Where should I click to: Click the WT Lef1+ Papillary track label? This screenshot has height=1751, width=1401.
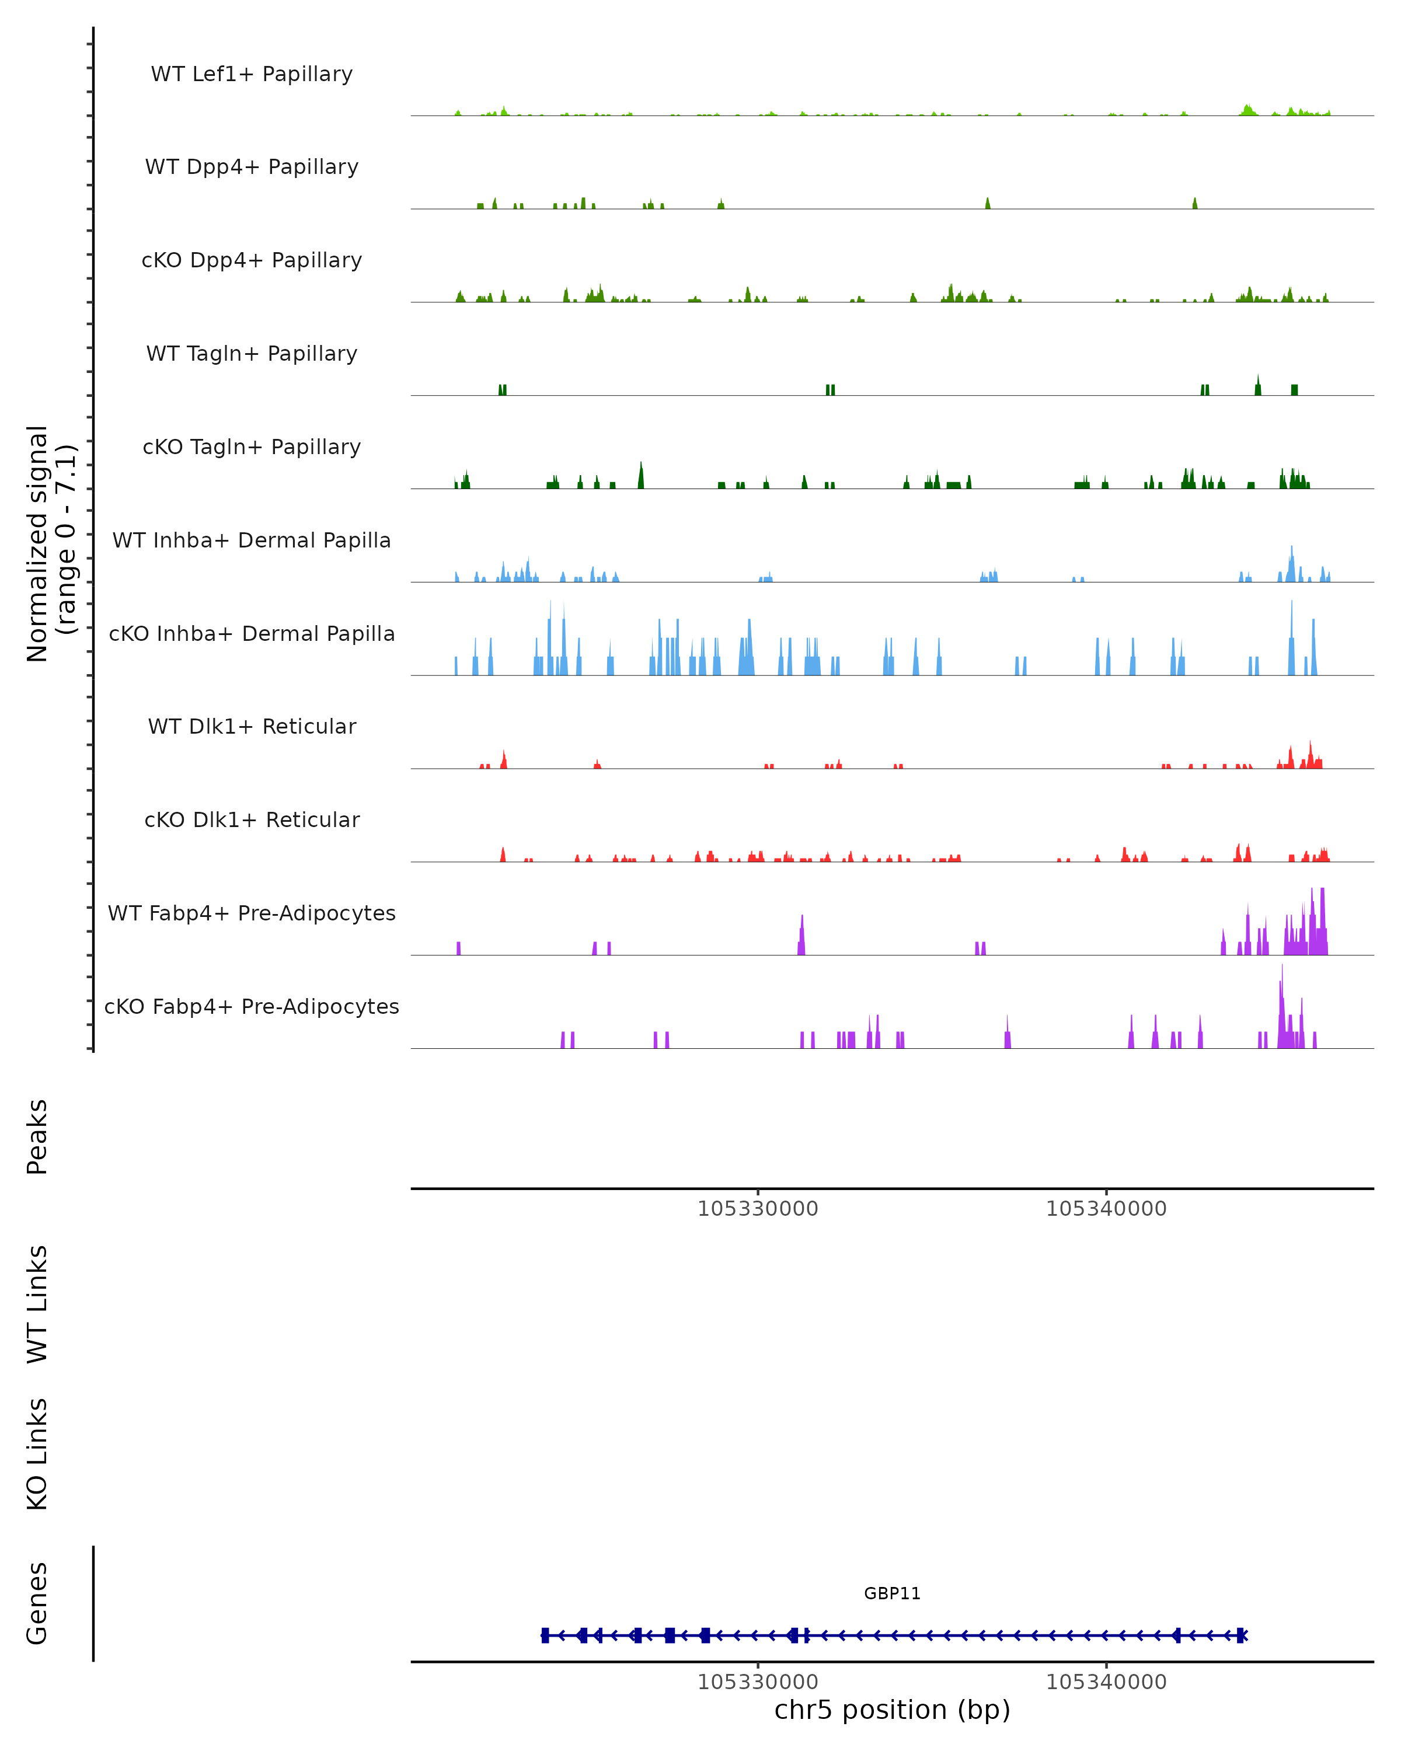[x=252, y=74]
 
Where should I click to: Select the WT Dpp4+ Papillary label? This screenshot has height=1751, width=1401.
[x=252, y=168]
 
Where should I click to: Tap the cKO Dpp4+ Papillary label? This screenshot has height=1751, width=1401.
[x=252, y=261]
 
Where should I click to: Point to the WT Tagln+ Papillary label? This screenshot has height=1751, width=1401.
[x=252, y=354]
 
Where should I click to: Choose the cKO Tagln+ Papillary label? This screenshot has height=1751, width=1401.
[x=252, y=448]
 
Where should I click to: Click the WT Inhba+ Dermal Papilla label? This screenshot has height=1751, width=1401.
[x=252, y=541]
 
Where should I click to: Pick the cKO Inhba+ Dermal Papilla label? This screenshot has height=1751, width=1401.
[x=252, y=634]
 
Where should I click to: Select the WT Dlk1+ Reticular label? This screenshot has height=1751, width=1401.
[x=252, y=727]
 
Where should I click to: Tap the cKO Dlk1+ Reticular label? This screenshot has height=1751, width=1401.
[x=252, y=820]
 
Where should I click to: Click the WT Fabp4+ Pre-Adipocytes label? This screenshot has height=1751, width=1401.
[x=252, y=913]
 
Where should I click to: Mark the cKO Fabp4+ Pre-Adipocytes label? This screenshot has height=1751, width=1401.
[x=252, y=1007]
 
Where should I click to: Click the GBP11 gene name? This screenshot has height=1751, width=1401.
[x=892, y=1593]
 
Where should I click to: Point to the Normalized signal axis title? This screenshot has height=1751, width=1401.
[x=50, y=543]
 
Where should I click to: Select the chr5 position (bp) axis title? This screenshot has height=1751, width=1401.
[x=892, y=1710]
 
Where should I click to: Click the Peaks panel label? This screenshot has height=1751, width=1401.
[x=37, y=1137]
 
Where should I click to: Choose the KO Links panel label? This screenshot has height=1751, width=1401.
[x=37, y=1454]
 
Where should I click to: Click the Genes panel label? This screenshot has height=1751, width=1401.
[x=37, y=1603]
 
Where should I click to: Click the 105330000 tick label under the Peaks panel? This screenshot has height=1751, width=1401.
[x=758, y=1209]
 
